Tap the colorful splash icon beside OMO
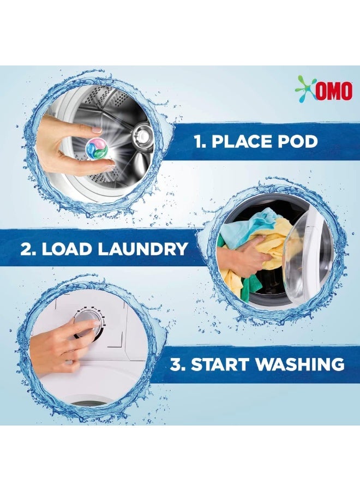pyautogui.click(x=305, y=88)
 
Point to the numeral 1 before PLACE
pyautogui.click(x=198, y=142)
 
